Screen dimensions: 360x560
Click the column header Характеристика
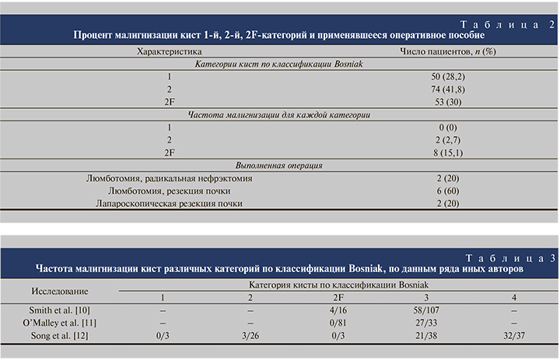169,51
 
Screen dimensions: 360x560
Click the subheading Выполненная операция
279,165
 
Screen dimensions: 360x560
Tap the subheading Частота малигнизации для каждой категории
279,114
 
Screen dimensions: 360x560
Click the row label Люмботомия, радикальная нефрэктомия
169,178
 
